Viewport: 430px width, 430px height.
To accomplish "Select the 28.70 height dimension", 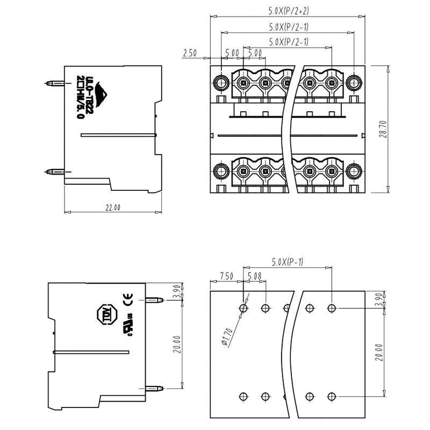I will [x=382, y=129].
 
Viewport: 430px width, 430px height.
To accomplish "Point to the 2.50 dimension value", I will [x=189, y=53].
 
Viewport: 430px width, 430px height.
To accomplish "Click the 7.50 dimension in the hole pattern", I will [x=226, y=277].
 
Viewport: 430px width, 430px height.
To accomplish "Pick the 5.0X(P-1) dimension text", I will [x=288, y=262].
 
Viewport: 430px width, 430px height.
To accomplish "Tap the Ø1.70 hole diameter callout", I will [x=229, y=334].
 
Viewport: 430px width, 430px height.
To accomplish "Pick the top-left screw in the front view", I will [x=221, y=83].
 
